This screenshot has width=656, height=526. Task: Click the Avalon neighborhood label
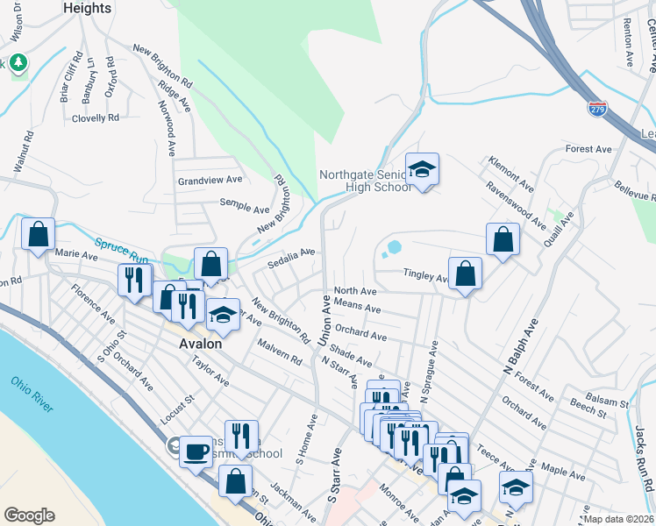coord(201,344)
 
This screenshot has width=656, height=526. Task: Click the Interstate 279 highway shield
coord(597,109)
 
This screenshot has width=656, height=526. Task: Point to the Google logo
coord(29,515)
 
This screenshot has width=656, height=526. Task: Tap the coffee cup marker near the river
coord(196,451)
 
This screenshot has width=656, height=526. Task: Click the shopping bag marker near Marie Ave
coord(38,234)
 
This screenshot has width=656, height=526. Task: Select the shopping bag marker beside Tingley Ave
coord(466,273)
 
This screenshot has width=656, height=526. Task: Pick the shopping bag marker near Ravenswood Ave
coord(503,238)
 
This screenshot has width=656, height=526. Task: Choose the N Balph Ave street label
coord(517,348)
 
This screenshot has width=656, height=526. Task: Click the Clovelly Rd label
coord(96,118)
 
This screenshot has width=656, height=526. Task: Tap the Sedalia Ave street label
coord(291,255)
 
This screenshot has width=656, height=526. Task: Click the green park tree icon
coord(18,63)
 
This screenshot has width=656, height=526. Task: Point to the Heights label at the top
coord(88,8)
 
